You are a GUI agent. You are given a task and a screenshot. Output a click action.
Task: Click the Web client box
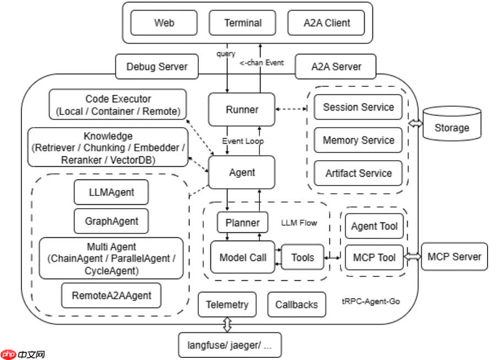click(164, 23)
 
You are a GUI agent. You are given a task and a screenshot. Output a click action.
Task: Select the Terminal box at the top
click(243, 23)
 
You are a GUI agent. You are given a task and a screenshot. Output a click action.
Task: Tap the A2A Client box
click(327, 23)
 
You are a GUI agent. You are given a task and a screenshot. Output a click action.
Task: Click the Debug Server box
click(157, 67)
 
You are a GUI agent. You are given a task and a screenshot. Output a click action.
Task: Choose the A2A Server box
click(336, 67)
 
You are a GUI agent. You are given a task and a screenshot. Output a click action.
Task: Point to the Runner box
click(242, 110)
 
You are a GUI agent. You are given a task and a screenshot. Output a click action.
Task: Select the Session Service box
click(358, 107)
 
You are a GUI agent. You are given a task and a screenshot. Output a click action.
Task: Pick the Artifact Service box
click(358, 173)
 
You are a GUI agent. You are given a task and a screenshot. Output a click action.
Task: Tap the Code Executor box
click(118, 105)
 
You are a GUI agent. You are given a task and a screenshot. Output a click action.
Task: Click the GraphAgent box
click(111, 221)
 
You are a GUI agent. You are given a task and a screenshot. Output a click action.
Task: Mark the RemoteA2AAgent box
click(111, 296)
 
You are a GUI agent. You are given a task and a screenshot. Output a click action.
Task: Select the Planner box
click(242, 223)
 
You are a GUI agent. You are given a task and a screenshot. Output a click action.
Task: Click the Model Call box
click(242, 257)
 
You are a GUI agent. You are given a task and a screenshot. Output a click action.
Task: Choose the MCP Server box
click(454, 257)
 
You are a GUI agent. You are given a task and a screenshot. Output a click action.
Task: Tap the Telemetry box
click(227, 304)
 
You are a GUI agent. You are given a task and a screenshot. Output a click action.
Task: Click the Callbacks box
click(296, 304)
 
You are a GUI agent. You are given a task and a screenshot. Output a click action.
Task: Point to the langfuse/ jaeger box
click(230, 346)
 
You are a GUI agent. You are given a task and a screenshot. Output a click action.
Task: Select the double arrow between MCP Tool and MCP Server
click(413, 257)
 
